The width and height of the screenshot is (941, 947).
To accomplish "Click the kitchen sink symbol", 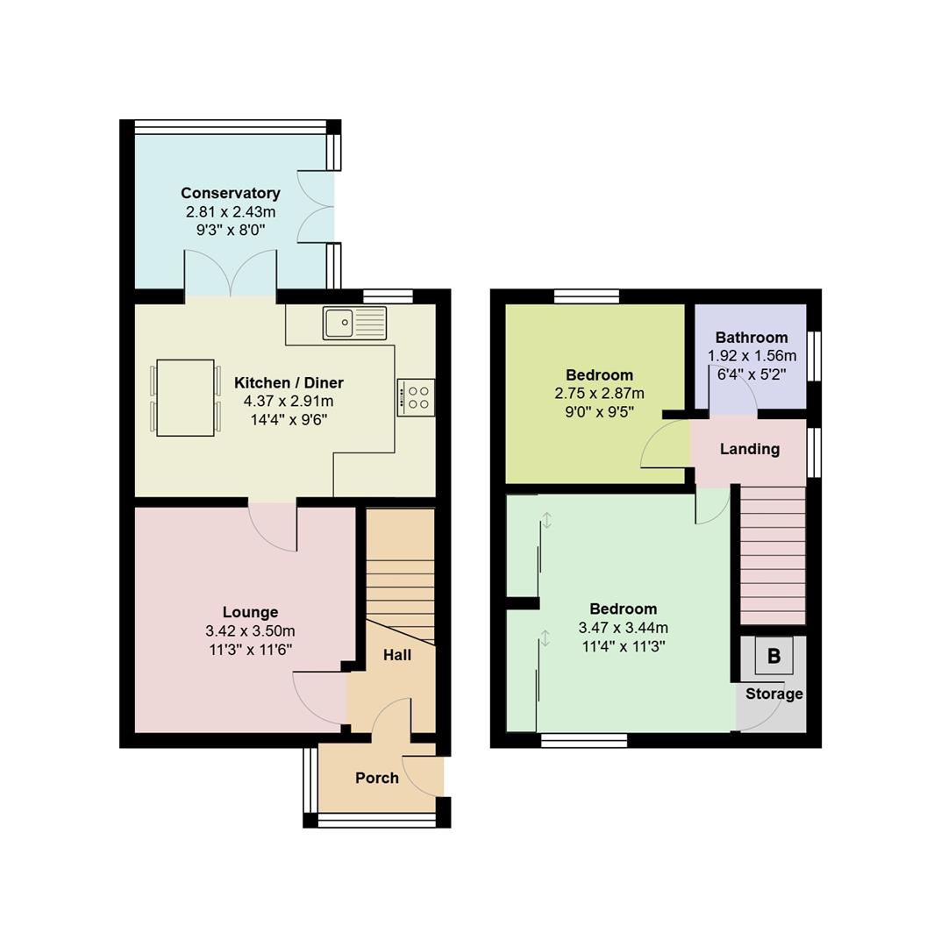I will point(354,323).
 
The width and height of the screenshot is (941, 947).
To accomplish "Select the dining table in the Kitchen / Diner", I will point(185,397).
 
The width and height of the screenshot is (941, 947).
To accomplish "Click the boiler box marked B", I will point(773,656).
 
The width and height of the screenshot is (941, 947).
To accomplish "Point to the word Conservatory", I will point(230,193).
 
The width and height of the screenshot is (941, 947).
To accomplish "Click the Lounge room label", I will point(250,612).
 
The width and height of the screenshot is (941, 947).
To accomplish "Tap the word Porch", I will point(377,778).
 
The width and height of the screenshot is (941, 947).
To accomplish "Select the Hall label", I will point(396,655).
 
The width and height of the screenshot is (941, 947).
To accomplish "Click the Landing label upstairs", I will point(749,449).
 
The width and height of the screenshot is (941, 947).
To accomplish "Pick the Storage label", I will point(773,694).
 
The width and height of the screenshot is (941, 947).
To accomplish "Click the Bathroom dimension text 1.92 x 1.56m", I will point(752,356).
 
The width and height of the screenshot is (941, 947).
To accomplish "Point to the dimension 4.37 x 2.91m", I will point(289,402).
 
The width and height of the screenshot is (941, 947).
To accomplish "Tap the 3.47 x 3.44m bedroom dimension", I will point(623,628).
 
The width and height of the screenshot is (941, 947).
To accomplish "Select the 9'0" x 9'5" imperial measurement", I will point(599,411).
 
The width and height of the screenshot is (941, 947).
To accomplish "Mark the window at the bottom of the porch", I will point(377,820).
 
